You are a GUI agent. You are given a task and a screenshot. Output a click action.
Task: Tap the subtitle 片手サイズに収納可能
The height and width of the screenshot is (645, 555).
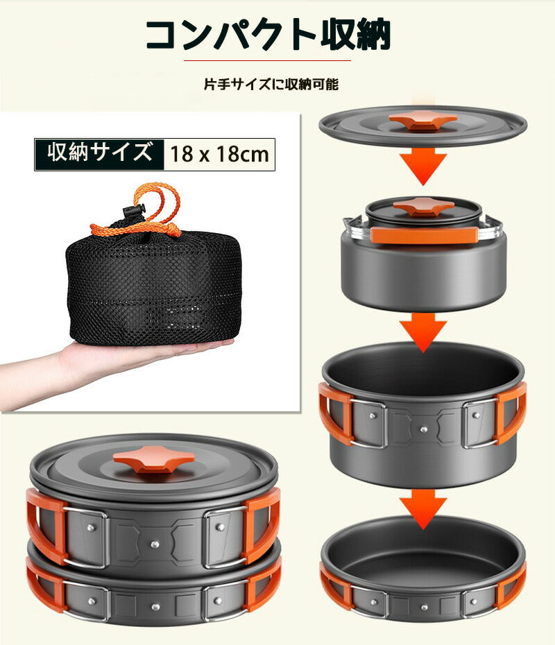271,85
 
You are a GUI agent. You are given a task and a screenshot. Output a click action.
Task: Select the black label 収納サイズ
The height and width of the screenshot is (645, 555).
100,153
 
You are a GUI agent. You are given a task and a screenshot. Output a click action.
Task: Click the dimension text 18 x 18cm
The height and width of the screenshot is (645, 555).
219,154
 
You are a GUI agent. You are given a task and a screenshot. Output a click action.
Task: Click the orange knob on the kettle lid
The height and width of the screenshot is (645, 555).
423,206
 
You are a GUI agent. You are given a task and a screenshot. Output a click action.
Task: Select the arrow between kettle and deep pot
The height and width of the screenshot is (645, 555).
423,329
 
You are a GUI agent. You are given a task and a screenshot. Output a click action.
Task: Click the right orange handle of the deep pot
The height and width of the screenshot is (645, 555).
512,413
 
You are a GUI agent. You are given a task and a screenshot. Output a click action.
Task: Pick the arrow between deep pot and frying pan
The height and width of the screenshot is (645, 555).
423,507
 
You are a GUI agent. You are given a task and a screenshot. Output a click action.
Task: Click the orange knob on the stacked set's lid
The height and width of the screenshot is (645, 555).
153,458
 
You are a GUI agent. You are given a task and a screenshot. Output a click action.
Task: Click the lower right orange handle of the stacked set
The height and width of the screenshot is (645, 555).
264,587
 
